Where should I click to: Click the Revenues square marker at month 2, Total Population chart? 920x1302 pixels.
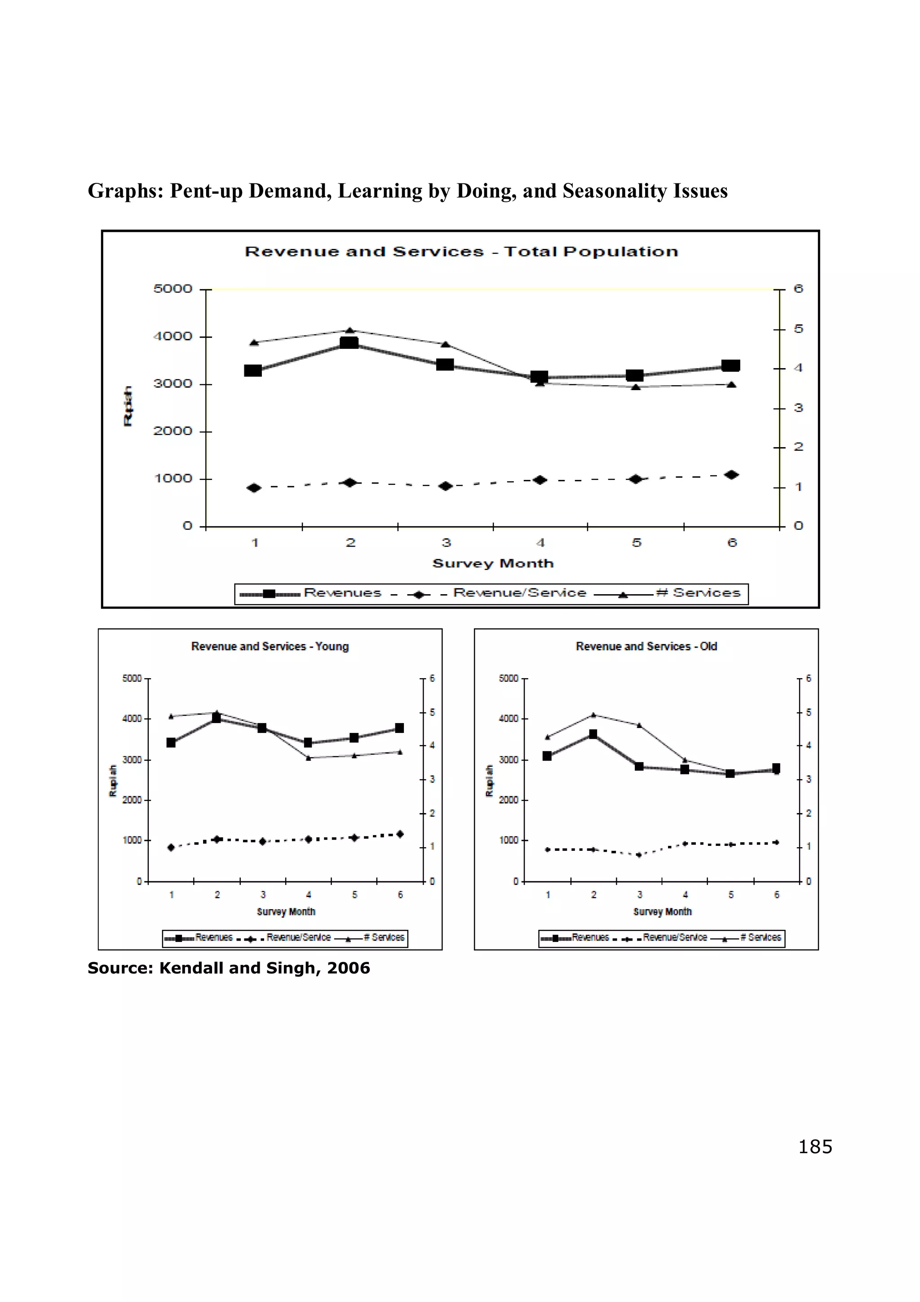pos(349,343)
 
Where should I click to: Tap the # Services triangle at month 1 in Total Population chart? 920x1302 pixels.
pos(254,342)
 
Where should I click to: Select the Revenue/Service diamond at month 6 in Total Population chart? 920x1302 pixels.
pos(732,475)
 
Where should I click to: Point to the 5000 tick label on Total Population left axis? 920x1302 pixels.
pos(173,289)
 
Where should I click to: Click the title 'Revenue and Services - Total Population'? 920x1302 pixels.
pos(461,251)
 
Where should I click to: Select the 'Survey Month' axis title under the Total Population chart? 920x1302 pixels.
pos(493,563)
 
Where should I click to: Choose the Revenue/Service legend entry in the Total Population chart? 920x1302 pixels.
pos(519,593)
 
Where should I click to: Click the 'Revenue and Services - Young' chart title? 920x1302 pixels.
pos(270,646)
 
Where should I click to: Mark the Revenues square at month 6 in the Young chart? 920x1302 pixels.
pos(400,728)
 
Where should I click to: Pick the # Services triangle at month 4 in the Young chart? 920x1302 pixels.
pos(308,758)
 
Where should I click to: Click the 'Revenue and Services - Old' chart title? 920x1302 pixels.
pos(646,646)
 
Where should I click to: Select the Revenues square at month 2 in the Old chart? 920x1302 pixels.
pos(593,734)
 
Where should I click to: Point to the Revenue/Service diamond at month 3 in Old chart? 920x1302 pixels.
pos(639,854)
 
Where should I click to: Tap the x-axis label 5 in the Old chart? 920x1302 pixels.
pos(731,895)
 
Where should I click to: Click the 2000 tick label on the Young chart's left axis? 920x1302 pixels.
pos(132,800)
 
